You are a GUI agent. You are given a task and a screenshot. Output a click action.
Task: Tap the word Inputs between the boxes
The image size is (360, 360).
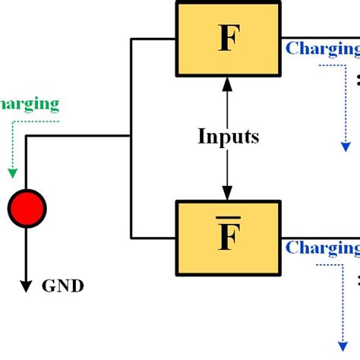228,137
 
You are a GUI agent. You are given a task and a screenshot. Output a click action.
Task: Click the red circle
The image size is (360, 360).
27,207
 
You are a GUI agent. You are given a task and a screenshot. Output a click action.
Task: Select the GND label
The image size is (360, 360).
62,286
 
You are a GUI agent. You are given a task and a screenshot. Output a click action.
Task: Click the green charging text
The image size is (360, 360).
29,103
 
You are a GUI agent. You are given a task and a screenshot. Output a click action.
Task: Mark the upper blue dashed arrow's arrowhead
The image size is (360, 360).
346,145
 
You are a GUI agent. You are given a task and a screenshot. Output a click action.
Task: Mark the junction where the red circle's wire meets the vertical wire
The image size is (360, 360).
131,137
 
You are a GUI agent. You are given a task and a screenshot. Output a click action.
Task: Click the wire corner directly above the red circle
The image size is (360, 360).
27,137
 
